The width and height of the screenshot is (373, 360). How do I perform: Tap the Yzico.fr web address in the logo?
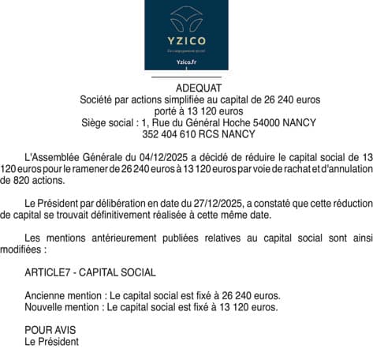click(186, 62)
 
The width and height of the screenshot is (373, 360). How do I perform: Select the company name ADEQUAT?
click(186, 88)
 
